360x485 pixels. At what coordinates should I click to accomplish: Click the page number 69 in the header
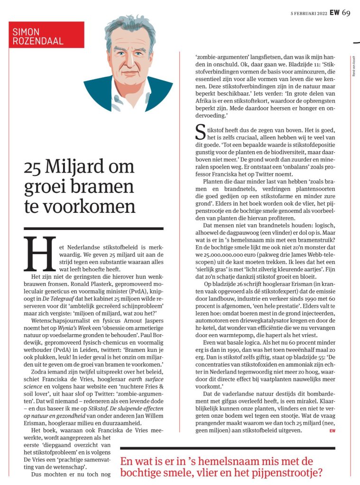pyautogui.click(x=346, y=12)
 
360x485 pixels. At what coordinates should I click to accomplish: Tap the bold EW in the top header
pyautogui.click(x=334, y=13)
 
